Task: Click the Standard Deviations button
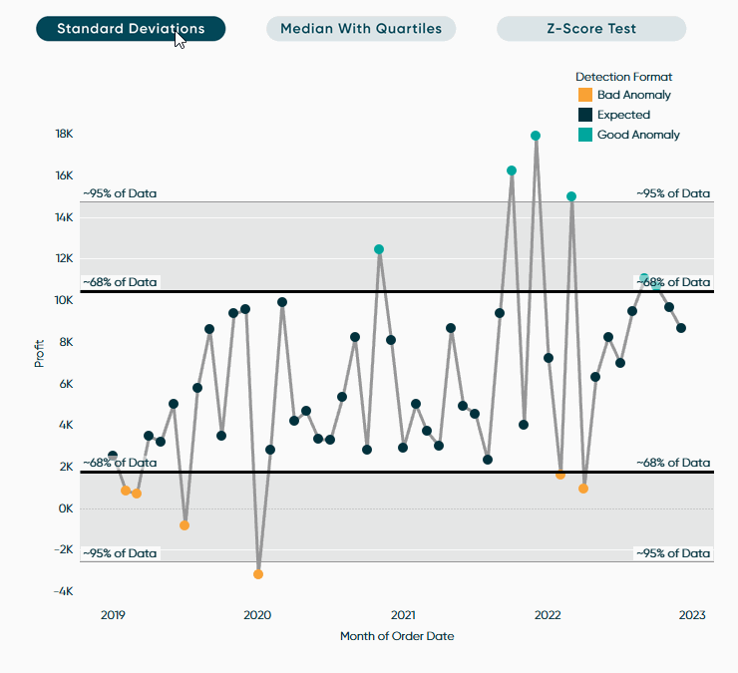click(x=131, y=29)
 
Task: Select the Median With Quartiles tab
click(x=360, y=29)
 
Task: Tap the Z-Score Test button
click(x=590, y=29)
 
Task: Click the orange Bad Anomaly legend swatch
click(x=585, y=95)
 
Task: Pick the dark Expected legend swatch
click(x=585, y=115)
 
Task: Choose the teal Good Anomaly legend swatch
click(x=585, y=135)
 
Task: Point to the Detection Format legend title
click(x=623, y=77)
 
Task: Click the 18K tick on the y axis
click(x=63, y=135)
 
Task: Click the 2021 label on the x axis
click(x=403, y=615)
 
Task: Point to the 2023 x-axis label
click(x=692, y=615)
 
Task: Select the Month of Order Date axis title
click(x=397, y=636)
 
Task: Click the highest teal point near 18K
click(x=536, y=136)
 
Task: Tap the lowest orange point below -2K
click(x=258, y=574)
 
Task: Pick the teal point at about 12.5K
click(x=379, y=249)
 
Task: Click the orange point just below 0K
click(x=184, y=525)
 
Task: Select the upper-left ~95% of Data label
click(x=120, y=193)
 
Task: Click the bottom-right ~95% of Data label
click(x=673, y=553)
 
